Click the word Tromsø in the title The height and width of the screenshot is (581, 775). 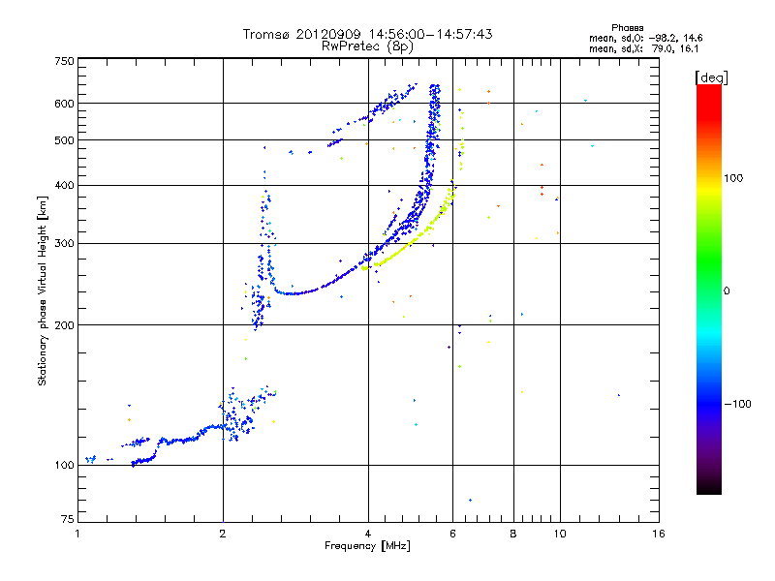267,34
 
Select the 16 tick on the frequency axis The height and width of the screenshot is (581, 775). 659,534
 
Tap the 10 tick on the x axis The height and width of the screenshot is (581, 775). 558,534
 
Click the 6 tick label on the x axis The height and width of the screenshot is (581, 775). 452,534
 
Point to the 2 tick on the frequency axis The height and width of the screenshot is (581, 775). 223,534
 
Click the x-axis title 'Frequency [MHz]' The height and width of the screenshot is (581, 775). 367,546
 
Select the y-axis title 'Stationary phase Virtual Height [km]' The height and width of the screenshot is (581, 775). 43,291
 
